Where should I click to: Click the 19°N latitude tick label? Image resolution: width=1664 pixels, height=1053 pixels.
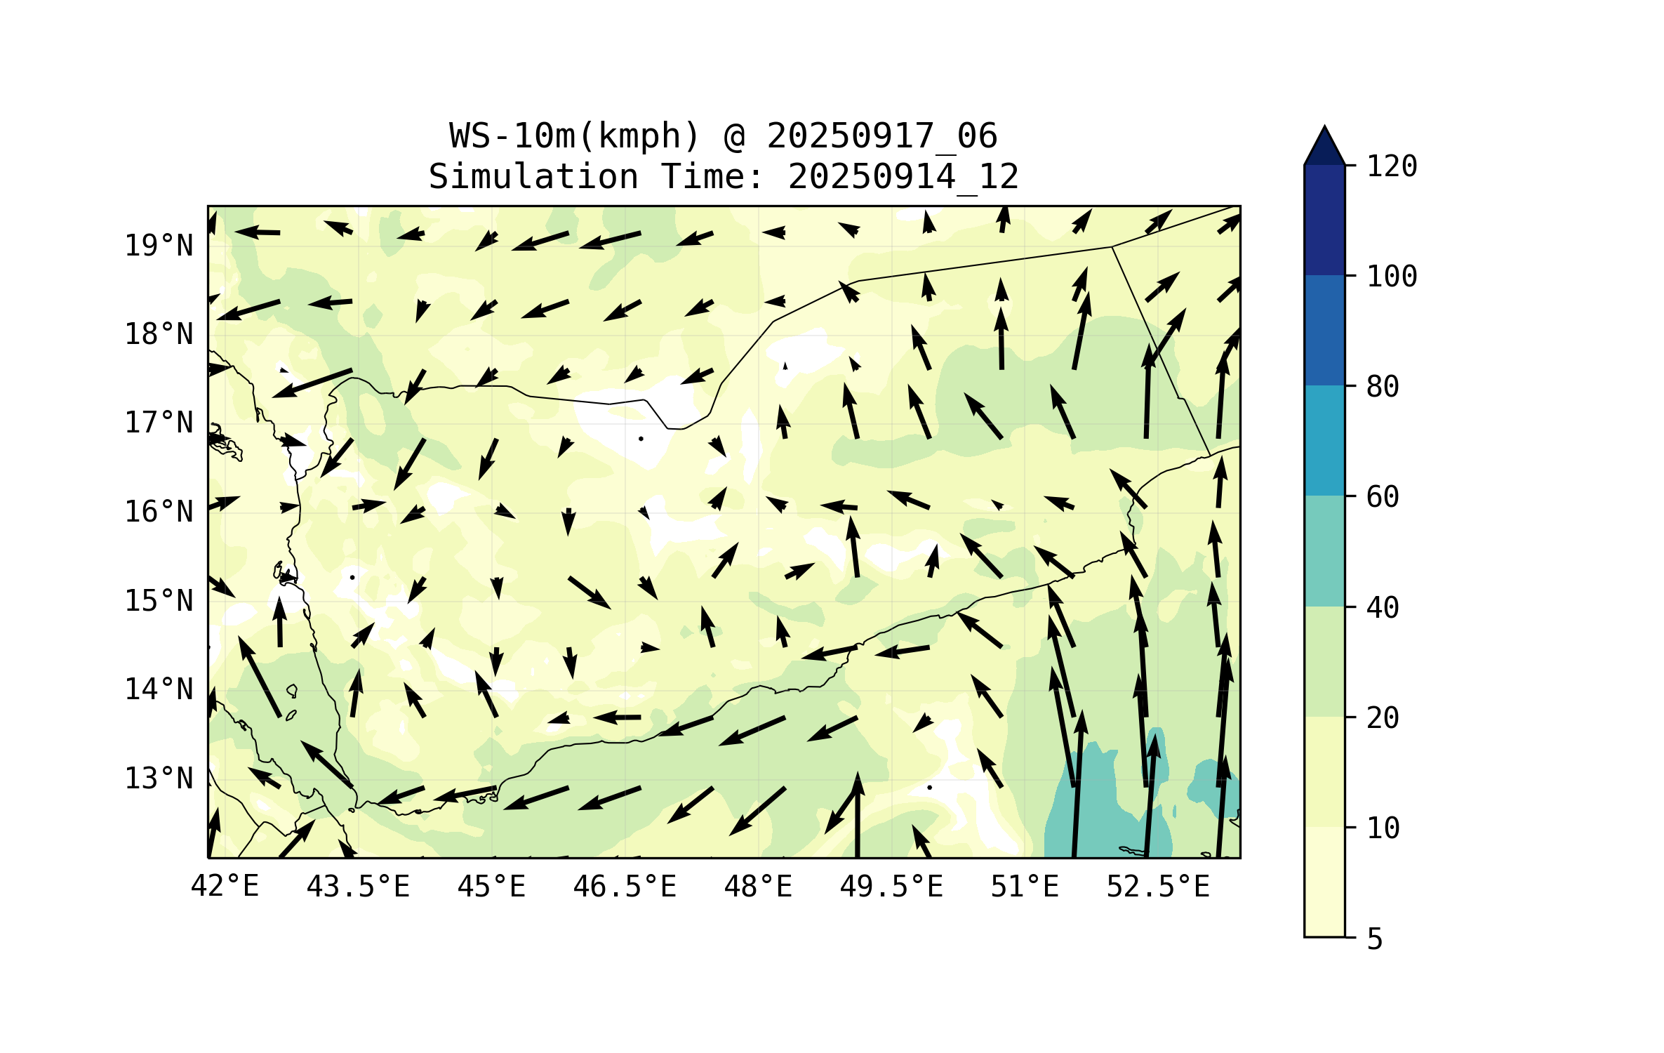[x=159, y=246]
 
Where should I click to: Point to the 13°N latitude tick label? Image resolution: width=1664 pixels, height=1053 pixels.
[x=159, y=779]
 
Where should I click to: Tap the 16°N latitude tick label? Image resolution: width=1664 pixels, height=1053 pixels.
[x=159, y=512]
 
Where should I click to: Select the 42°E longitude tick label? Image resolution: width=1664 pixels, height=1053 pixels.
[x=225, y=887]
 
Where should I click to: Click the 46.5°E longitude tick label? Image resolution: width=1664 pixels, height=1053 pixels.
[x=625, y=887]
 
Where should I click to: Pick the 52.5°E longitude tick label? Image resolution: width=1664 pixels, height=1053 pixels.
[x=1158, y=887]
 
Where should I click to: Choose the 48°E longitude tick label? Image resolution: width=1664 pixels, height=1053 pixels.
[x=758, y=887]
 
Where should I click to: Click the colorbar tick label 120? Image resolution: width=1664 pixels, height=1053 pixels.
[x=1392, y=166]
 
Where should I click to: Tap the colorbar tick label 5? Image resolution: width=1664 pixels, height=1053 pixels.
[x=1375, y=939]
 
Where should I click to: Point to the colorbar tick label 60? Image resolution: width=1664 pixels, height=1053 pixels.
[x=1383, y=497]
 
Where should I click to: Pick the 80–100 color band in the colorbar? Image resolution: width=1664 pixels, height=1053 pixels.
[x=1324, y=330]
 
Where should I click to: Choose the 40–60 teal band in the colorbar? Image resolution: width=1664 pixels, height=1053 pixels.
[x=1324, y=551]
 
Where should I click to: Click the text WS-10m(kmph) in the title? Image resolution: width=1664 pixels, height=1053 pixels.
[x=575, y=136]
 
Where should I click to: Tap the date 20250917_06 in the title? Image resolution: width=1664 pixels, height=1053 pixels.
[x=881, y=136]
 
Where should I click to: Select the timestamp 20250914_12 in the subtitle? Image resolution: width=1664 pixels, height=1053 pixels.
[x=903, y=177]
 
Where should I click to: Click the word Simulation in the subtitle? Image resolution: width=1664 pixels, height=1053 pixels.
[x=533, y=177]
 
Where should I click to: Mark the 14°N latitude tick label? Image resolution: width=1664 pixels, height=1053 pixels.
[x=159, y=689]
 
